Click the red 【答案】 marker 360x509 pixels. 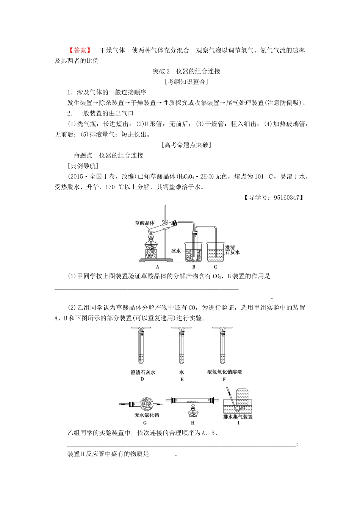pyautogui.click(x=80, y=50)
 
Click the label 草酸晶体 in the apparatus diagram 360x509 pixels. pyautogui.click(x=145, y=223)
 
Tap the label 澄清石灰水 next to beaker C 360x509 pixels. pyautogui.click(x=232, y=250)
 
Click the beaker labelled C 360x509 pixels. pyautogui.click(x=215, y=251)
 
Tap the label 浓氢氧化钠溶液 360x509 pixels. pyautogui.click(x=224, y=372)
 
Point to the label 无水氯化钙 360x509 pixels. pyautogui.click(x=147, y=415)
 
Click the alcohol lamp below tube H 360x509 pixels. pyautogui.click(x=193, y=411)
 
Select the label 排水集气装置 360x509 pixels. pyautogui.click(x=238, y=417)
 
